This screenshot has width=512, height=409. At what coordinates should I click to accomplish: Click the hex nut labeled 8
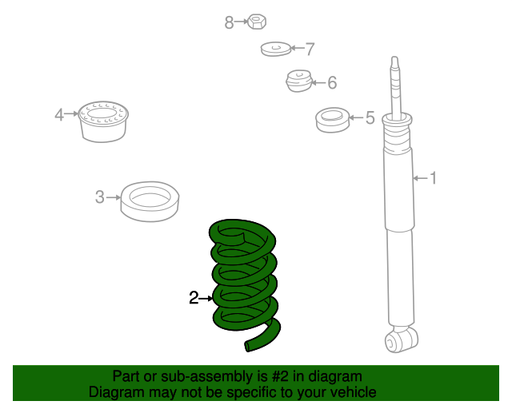[257, 22]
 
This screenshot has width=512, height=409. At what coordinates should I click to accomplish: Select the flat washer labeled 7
[275, 49]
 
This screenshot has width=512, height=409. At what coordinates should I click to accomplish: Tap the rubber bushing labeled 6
[299, 81]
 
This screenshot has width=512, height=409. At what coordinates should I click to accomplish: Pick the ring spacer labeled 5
[333, 120]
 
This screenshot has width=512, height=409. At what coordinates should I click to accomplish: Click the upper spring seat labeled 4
[103, 121]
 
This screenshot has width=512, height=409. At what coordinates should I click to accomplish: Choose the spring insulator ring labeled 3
[150, 201]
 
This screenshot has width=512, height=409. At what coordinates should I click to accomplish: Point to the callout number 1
[433, 178]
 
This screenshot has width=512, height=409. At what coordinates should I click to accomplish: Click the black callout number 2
[194, 298]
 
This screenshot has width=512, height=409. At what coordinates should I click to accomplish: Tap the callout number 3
[99, 197]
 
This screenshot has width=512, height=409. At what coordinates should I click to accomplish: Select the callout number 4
[59, 114]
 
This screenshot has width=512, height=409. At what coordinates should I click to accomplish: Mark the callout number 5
[370, 117]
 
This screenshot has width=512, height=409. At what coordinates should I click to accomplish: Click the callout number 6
[332, 82]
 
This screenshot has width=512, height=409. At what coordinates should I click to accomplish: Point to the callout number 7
[310, 49]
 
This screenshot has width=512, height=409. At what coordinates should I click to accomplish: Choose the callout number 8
[229, 22]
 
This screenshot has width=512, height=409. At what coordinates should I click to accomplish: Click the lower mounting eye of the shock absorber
[401, 340]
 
